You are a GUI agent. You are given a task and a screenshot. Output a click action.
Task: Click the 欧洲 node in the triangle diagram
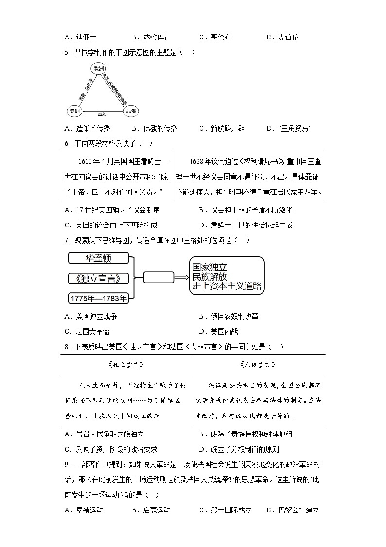[99, 68]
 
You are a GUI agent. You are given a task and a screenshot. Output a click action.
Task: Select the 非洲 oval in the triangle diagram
[131, 112]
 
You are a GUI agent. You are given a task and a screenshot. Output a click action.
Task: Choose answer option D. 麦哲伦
[282, 37]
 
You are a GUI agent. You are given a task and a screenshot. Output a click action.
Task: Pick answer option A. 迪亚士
[80, 37]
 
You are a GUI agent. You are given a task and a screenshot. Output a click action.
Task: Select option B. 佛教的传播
[154, 128]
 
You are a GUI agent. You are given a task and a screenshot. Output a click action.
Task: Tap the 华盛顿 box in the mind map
[99, 258]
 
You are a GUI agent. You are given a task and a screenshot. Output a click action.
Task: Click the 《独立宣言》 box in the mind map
[99, 278]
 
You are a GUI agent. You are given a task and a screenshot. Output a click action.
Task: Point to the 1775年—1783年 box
[99, 298]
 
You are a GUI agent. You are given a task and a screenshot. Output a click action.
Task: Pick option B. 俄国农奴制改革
[228, 316]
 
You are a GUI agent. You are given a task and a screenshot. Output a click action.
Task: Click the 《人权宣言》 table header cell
[258, 364]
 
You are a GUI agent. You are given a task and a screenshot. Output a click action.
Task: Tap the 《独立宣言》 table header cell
[125, 364]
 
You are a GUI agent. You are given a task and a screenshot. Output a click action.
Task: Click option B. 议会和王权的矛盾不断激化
[246, 210]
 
